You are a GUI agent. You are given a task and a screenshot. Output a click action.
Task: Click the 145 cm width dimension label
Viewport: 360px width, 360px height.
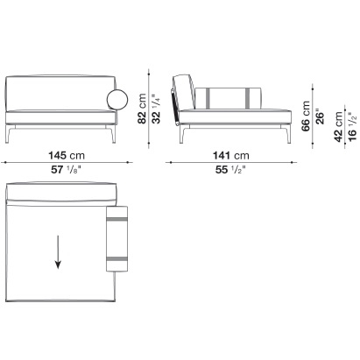pyautogui.click(x=67, y=155)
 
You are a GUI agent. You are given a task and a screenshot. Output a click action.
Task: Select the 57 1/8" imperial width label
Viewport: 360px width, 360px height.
pyautogui.click(x=66, y=170)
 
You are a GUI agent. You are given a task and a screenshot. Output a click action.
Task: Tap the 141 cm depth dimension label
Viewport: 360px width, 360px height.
pyautogui.click(x=231, y=155)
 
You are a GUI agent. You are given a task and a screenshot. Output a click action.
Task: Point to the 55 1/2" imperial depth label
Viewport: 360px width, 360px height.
pyautogui.click(x=230, y=170)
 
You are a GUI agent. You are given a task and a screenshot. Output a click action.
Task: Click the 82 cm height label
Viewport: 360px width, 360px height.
pyautogui.click(x=142, y=109)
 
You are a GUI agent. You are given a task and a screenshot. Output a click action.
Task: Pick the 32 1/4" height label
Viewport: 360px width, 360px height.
pyautogui.click(x=156, y=109)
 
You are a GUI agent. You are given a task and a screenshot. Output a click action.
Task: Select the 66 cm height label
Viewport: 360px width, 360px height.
pyautogui.click(x=306, y=116)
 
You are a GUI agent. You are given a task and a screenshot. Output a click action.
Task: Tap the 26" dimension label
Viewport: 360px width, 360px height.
pyautogui.click(x=320, y=117)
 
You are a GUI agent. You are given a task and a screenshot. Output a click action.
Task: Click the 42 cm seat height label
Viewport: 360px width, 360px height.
pyautogui.click(x=338, y=127)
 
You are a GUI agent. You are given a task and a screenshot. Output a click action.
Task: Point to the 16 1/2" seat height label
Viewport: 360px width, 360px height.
pyautogui.click(x=352, y=127)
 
